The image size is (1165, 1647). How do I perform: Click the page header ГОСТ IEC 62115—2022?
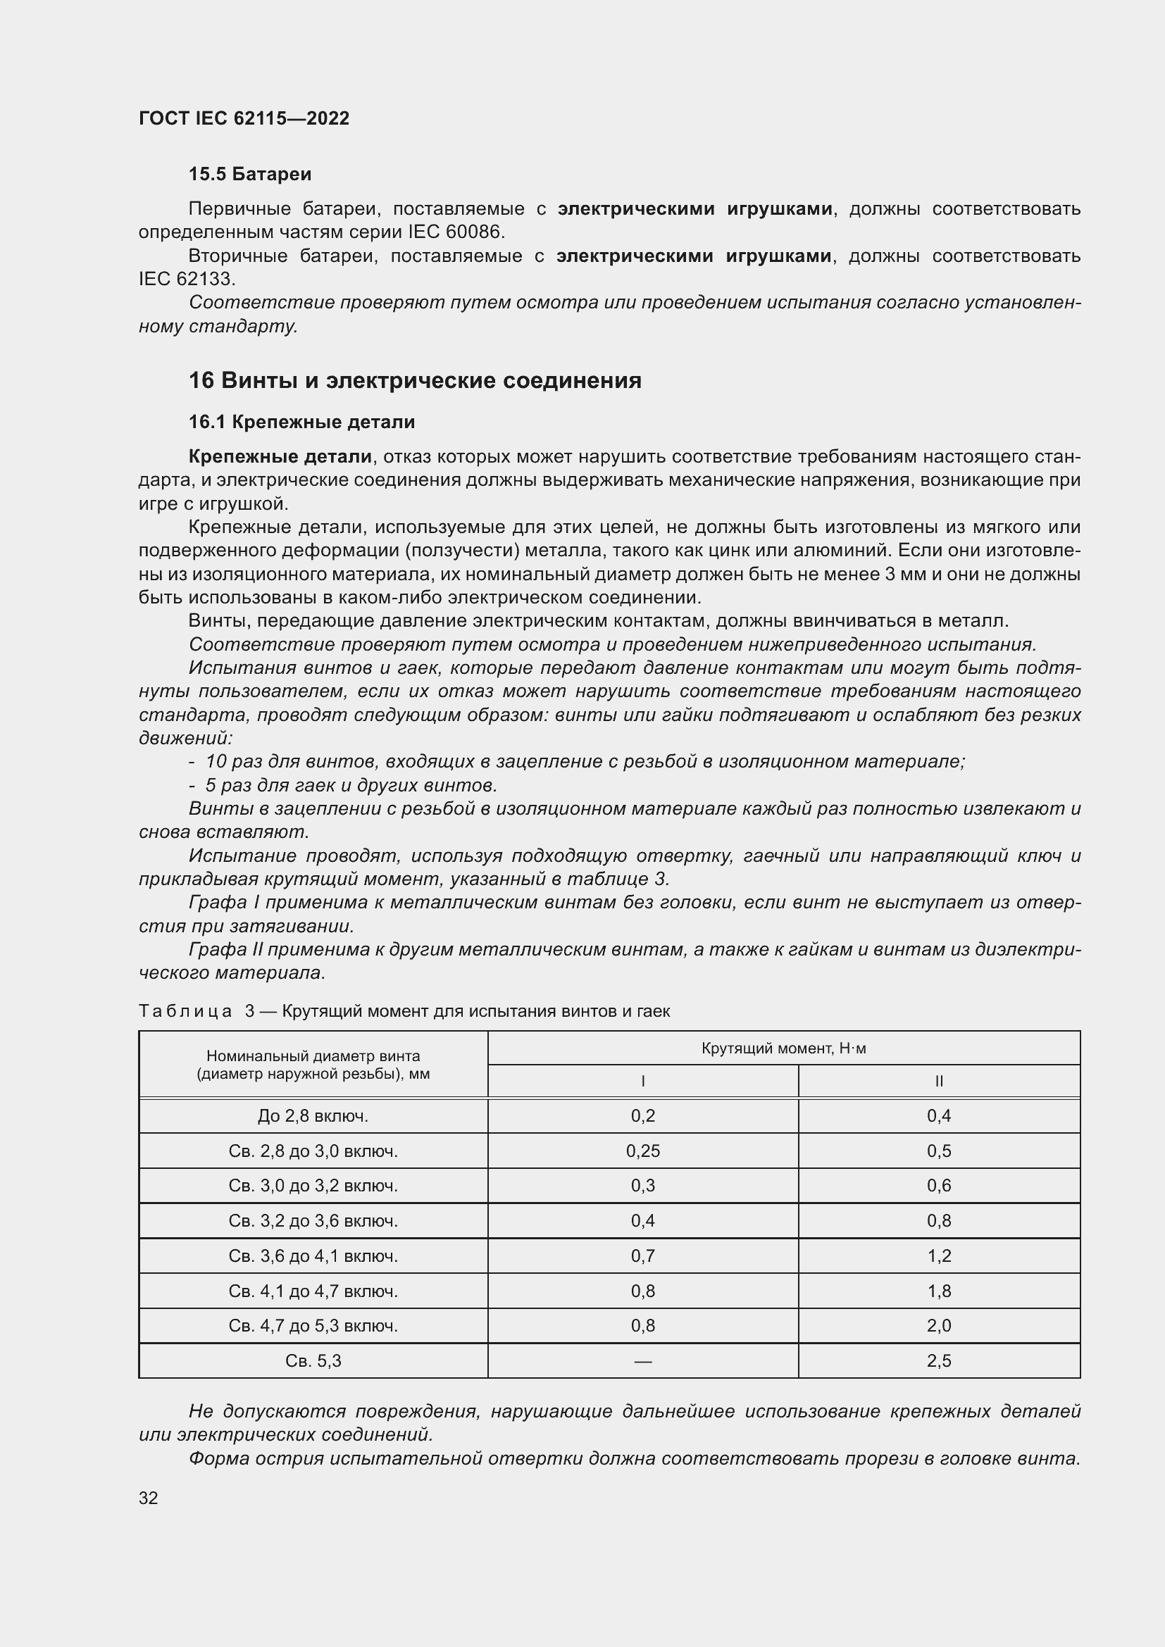tap(244, 118)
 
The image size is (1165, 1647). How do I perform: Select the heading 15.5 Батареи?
tap(249, 175)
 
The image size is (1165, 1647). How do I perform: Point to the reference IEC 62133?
tap(186, 279)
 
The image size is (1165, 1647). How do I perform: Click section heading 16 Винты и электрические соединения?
tap(415, 380)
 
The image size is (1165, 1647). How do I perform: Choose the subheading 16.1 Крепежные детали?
tap(301, 422)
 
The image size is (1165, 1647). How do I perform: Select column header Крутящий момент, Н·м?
tap(783, 1048)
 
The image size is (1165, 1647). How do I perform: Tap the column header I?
tap(643, 1081)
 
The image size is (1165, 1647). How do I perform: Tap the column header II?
tap(938, 1081)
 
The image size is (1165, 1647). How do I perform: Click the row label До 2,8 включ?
tap(313, 1116)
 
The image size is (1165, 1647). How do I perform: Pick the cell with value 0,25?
tap(643, 1151)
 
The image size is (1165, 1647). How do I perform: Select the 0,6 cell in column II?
tap(938, 1186)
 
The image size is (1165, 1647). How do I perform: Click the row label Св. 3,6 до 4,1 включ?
tap(313, 1256)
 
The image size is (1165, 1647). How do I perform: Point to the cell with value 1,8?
tap(938, 1291)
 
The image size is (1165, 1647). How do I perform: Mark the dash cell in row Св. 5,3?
tap(643, 1361)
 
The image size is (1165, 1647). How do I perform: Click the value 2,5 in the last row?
tap(938, 1361)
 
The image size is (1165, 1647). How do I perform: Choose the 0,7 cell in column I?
tap(643, 1256)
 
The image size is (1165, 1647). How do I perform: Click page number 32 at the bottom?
tap(149, 1498)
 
